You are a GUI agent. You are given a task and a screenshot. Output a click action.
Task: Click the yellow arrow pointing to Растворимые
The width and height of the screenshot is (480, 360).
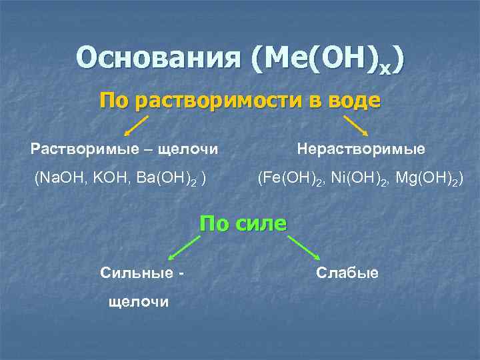[x=137, y=125]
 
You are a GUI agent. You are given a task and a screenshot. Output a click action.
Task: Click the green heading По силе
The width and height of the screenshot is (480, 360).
[x=243, y=223]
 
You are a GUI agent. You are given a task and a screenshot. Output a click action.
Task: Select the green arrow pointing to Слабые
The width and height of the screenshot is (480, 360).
[x=305, y=248]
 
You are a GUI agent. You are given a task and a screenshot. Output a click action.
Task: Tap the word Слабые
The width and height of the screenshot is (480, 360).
[x=347, y=273]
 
